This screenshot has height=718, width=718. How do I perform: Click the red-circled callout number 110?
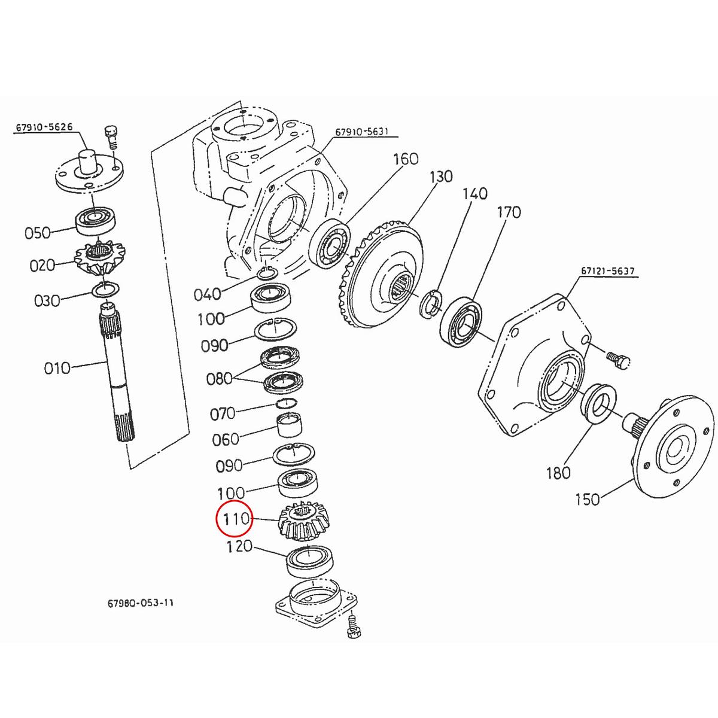[236, 519]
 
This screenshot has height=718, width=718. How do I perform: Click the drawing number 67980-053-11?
[137, 604]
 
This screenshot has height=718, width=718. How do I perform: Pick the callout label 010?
[57, 367]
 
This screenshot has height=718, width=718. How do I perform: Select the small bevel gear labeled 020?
[96, 258]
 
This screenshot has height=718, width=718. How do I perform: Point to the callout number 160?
[406, 159]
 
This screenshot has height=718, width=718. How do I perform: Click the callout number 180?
[558, 473]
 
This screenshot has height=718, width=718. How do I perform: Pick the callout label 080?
[220, 379]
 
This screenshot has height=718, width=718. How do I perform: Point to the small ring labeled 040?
[267, 275]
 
